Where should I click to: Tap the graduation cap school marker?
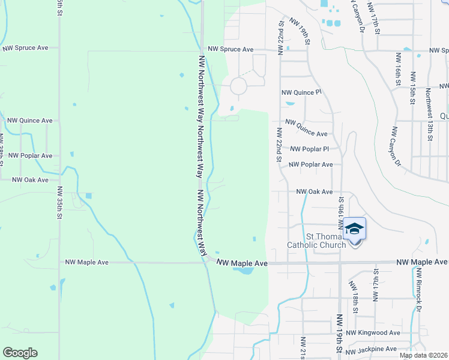(355, 229)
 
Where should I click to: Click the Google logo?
(20, 353)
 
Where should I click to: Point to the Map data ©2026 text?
(423, 355)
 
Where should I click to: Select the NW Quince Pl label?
(302, 92)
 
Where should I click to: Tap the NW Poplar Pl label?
(310, 149)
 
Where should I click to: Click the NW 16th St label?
(398, 67)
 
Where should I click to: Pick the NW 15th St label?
(413, 87)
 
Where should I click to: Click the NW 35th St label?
(60, 201)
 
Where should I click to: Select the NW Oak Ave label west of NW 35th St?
(30, 179)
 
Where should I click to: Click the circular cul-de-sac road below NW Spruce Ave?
(238, 86)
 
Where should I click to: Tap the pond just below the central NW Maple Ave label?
(244, 271)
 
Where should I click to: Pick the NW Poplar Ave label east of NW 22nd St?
(310, 164)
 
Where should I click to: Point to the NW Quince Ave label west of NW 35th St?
(29, 120)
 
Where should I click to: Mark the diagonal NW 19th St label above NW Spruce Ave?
(300, 31)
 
